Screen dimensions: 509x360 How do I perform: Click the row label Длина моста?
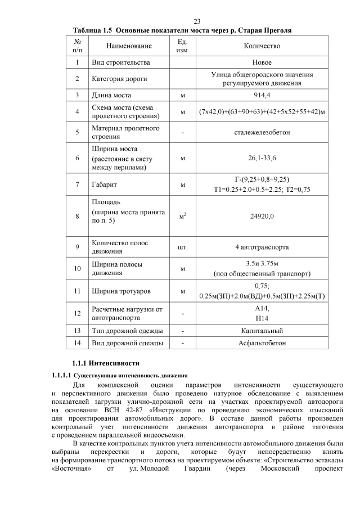pyautogui.click(x=114, y=96)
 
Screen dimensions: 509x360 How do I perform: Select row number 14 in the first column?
pyautogui.click(x=77, y=343)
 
